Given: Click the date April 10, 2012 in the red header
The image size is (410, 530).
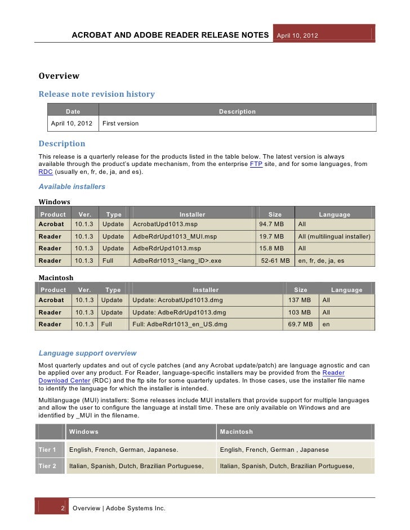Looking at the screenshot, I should click(297, 35).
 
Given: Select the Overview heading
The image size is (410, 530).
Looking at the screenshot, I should click(59, 76).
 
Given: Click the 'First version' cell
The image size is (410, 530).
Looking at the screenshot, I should click(121, 123).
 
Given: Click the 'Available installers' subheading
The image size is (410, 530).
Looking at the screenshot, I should click(72, 186).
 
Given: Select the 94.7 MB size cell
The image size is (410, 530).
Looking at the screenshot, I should click(271, 223).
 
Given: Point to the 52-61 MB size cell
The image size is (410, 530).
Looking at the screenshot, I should click(275, 260).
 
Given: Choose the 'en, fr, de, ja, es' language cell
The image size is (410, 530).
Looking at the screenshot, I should click(321, 260).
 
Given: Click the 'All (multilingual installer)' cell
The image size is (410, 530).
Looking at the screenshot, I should click(335, 236).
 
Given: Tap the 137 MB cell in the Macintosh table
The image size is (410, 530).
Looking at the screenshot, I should click(299, 300).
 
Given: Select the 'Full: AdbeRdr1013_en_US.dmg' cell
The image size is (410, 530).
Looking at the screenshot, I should click(180, 325).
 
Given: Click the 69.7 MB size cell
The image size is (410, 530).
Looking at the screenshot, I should click(300, 325).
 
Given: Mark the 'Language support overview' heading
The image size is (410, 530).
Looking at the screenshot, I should click(87, 353).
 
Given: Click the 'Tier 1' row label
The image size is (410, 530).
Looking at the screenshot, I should click(47, 450).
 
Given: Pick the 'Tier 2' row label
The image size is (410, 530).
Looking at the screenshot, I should click(47, 466).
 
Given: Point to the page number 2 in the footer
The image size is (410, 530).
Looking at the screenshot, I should click(63, 508).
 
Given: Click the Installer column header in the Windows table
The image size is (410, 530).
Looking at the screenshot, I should click(192, 214).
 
